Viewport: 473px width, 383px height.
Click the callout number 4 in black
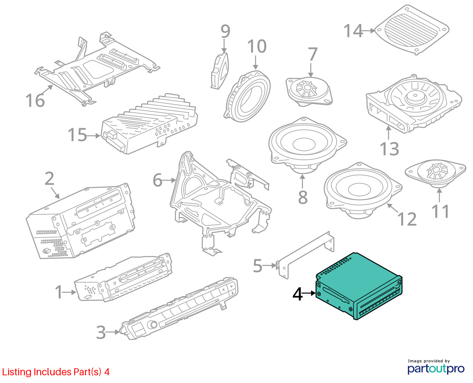(x=297, y=294)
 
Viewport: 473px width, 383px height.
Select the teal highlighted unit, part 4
(x=358, y=286)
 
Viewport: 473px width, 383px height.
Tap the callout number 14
(x=353, y=31)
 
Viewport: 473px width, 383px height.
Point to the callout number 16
(x=35, y=100)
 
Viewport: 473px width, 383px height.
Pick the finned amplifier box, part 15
(x=149, y=124)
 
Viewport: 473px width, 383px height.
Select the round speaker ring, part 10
(x=247, y=96)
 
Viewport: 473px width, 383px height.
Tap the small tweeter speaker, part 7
(x=309, y=90)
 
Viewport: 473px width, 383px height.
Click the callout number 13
(x=389, y=149)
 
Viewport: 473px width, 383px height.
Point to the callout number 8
(x=303, y=197)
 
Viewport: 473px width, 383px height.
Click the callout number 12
(x=407, y=219)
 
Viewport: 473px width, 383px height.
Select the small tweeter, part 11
(x=435, y=173)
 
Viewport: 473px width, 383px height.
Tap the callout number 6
(x=157, y=180)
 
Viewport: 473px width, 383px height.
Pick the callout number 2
(x=49, y=178)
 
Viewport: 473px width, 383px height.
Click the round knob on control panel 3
(x=153, y=325)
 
